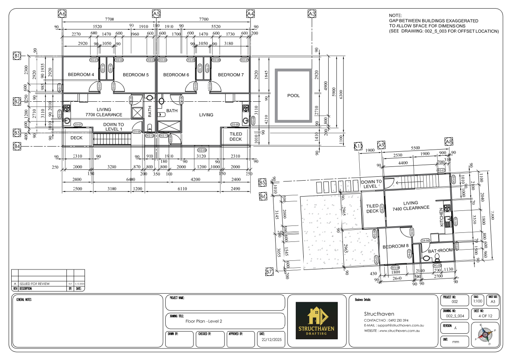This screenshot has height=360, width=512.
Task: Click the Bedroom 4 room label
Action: point(81,75)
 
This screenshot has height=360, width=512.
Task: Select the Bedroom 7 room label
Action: point(231,75)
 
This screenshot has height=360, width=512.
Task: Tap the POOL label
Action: point(293,96)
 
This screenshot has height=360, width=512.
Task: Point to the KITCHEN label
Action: point(441,217)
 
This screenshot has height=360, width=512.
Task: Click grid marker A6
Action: point(62,14)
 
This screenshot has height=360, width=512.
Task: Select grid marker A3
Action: point(312,14)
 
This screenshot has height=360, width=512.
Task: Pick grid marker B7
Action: point(269,272)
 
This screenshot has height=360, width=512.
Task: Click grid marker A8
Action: point(449,141)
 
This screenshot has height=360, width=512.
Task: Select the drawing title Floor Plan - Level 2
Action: point(204,321)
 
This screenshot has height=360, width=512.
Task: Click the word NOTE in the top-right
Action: point(395,16)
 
